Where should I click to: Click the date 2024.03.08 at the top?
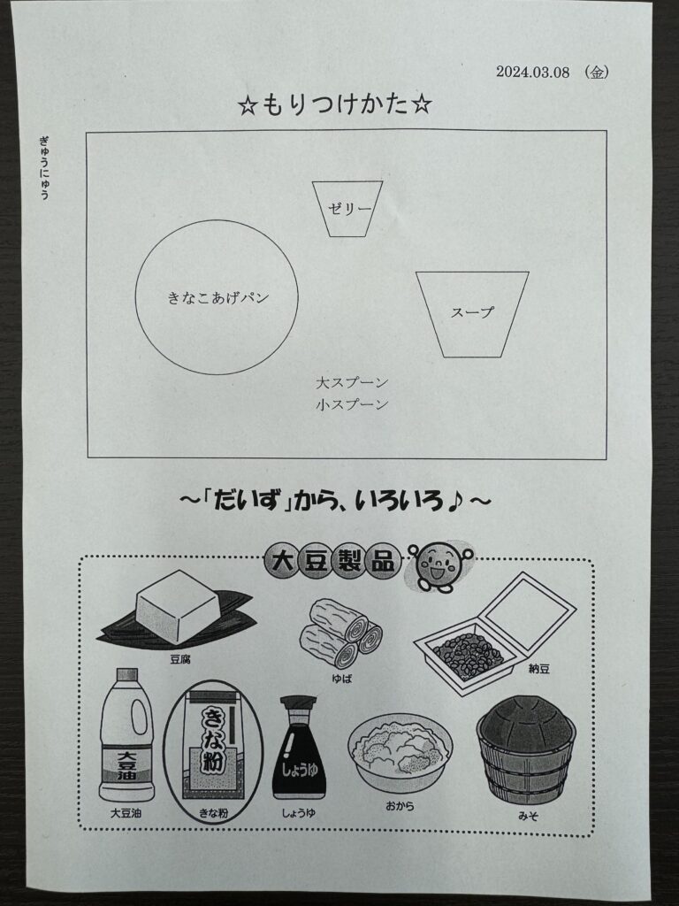[x=532, y=72]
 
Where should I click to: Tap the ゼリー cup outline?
[x=320, y=208]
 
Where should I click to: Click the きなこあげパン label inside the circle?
[x=218, y=298]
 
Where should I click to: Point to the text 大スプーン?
[x=352, y=382]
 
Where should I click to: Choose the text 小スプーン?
[x=352, y=404]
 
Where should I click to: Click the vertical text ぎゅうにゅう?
[x=44, y=167]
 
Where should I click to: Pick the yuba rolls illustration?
[x=340, y=633]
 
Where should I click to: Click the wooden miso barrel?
[x=526, y=750]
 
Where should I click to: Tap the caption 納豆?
[x=539, y=669]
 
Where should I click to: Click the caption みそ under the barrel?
[x=528, y=816]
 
